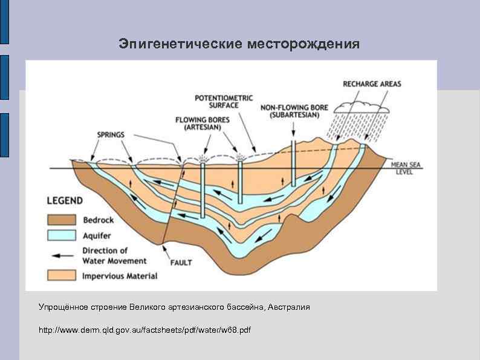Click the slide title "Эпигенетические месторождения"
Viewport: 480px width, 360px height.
coord(239,44)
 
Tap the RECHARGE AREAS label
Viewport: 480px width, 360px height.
coord(372,83)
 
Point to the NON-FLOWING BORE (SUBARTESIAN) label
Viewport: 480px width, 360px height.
coord(294,111)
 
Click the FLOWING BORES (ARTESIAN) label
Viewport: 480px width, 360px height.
coord(198,123)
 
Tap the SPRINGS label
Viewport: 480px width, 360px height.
coord(111,134)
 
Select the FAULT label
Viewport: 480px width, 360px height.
coord(181,263)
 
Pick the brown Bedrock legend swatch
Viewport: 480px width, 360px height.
coord(62,219)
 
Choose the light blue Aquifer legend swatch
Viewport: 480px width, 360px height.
coord(62,235)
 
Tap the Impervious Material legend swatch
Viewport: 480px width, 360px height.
coord(62,276)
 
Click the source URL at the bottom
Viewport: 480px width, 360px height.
coord(144,330)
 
